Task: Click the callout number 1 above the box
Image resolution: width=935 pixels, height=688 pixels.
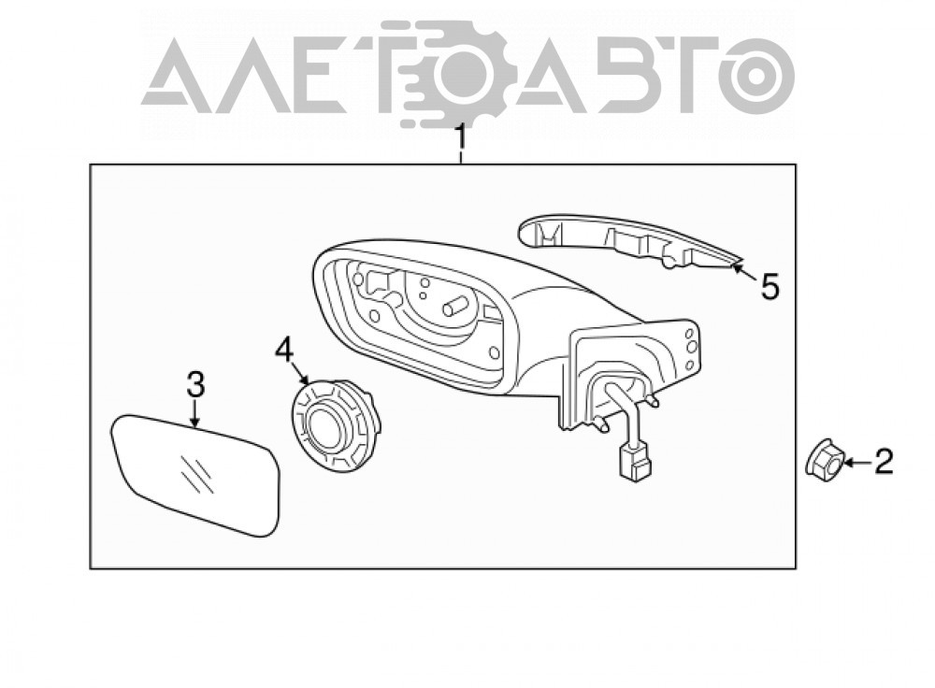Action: (460, 138)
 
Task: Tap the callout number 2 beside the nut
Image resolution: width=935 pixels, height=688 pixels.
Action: (884, 462)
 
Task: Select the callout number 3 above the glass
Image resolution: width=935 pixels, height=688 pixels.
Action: (195, 384)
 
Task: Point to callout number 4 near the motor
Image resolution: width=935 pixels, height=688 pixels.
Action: (284, 350)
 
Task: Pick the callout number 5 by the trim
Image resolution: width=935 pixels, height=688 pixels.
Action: (770, 287)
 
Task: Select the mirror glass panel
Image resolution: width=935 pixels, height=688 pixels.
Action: (196, 474)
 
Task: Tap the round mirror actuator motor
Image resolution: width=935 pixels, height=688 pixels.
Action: (335, 424)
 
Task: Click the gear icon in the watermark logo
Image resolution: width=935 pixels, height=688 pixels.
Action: (456, 76)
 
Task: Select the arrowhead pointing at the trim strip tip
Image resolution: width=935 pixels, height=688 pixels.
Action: (739, 267)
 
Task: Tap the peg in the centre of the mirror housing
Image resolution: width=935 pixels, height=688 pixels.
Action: (454, 306)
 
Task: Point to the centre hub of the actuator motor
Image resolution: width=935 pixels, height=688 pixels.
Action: (321, 427)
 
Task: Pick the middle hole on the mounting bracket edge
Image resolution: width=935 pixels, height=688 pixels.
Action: (692, 346)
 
